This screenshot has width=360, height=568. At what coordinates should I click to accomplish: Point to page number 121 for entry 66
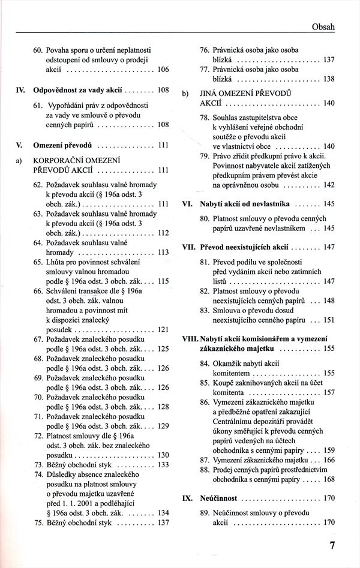click(163, 329)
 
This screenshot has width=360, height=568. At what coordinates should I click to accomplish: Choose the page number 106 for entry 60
click(163, 70)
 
